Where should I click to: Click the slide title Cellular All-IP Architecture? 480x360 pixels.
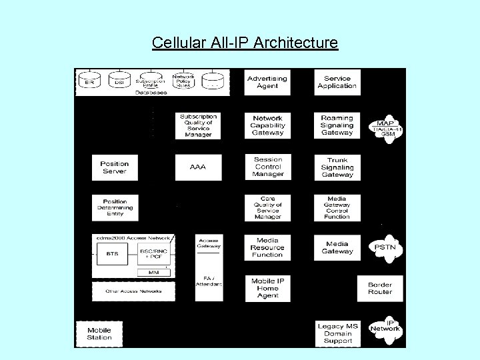click(245, 43)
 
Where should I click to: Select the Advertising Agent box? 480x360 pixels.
click(267, 82)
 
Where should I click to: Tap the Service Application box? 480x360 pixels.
click(337, 82)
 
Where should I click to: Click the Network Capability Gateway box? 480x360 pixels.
click(267, 125)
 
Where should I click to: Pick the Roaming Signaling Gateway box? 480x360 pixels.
click(337, 125)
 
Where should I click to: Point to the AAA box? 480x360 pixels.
click(198, 167)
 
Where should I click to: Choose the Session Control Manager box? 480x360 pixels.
click(267, 167)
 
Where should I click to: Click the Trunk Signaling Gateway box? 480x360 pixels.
click(337, 167)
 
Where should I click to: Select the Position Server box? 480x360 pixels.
click(115, 167)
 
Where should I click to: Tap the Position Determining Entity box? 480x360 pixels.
click(115, 207)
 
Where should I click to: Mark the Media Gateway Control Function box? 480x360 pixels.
click(337, 207)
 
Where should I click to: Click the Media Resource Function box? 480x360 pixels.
click(267, 247)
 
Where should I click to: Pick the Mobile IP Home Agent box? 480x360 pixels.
click(267, 289)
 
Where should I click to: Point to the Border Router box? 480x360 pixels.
click(380, 289)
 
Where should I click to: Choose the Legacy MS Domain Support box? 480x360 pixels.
click(338, 333)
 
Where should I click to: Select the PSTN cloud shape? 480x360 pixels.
click(386, 248)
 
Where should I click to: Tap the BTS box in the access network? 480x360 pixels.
click(113, 254)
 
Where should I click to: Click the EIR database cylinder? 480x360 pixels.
click(90, 81)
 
